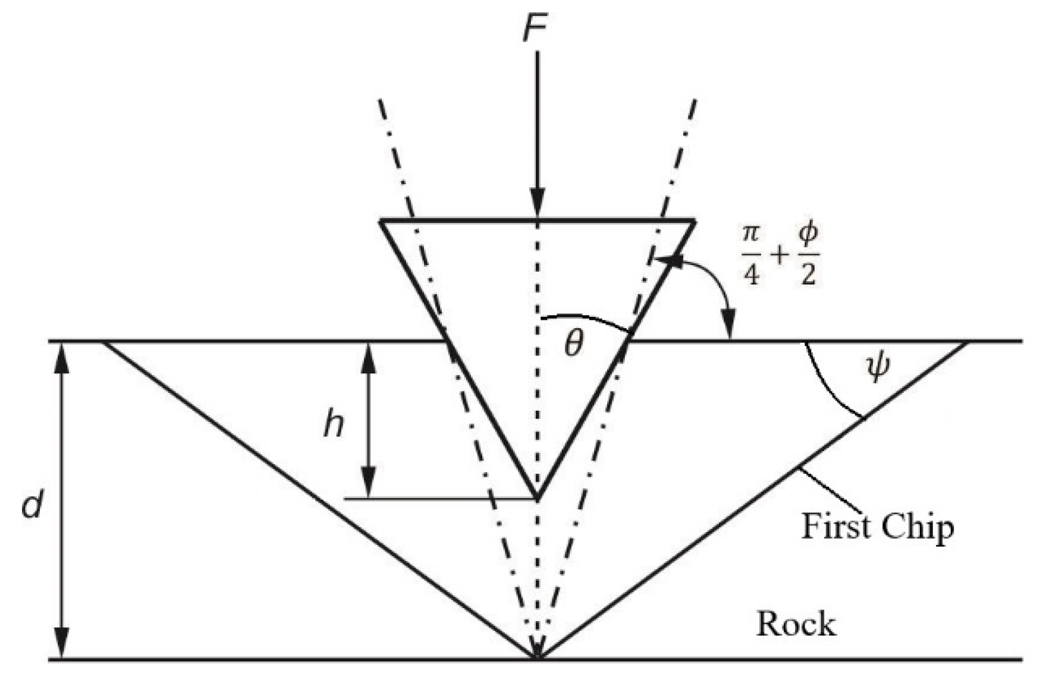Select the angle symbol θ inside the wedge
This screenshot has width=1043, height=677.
tap(574, 343)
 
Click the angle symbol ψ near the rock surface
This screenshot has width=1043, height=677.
tap(878, 366)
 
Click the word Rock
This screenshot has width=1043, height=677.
tap(796, 625)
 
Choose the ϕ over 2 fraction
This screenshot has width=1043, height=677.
tap(808, 254)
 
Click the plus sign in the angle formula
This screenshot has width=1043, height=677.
tap(779, 255)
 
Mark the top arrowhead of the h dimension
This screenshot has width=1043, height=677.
tap(369, 354)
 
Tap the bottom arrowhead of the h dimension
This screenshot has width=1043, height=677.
tap(369, 486)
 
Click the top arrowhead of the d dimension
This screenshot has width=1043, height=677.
tap(62, 355)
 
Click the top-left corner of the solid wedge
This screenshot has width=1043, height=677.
tap(381, 221)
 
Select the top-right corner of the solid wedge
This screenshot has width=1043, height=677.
tap(694, 221)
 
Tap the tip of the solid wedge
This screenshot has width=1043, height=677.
tap(538, 498)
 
